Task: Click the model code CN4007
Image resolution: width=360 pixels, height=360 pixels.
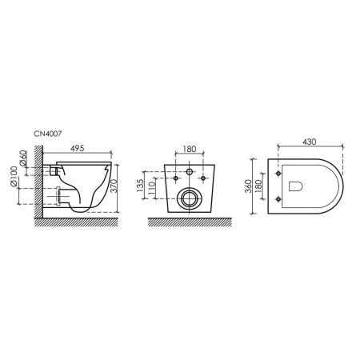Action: click(x=47, y=134)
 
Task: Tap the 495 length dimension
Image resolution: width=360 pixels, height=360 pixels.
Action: click(x=77, y=148)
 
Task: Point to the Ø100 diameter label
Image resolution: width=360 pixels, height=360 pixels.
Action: click(x=14, y=176)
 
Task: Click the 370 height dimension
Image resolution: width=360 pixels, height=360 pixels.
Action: click(x=114, y=186)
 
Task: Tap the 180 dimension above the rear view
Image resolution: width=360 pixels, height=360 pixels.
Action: click(x=190, y=149)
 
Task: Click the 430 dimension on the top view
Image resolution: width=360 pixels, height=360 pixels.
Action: click(x=310, y=142)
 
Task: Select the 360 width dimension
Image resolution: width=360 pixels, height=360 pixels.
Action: click(x=248, y=186)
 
